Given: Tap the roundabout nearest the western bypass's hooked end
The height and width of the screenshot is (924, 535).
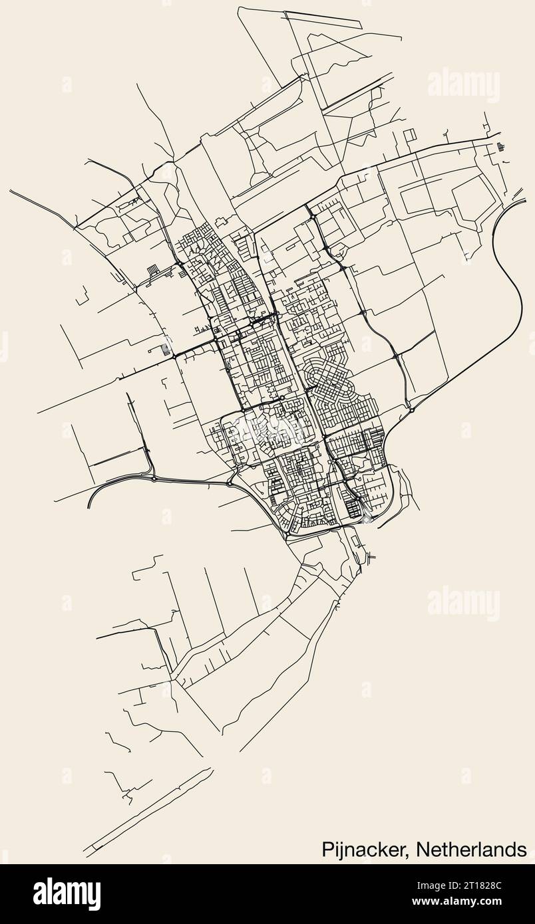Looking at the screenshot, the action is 154,479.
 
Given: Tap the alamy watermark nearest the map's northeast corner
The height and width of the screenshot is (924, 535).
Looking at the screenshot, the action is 464,84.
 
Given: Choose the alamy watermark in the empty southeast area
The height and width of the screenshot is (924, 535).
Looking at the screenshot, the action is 464,603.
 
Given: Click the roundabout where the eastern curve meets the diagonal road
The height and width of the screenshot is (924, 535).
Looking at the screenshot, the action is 412,409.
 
